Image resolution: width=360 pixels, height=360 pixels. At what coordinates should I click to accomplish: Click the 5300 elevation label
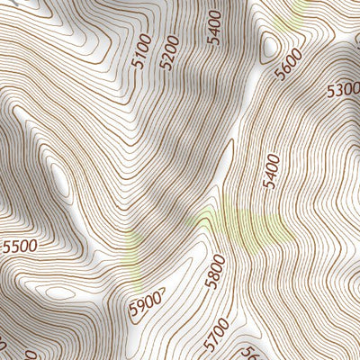pyautogui.click(x=343, y=89)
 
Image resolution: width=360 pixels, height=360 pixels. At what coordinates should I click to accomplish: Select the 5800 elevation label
pyautogui.click(x=214, y=271)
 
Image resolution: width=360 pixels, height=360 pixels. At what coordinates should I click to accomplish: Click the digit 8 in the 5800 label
pyautogui.click(x=211, y=277)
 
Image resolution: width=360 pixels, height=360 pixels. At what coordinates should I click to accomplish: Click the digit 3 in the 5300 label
pyautogui.click(x=339, y=89)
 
